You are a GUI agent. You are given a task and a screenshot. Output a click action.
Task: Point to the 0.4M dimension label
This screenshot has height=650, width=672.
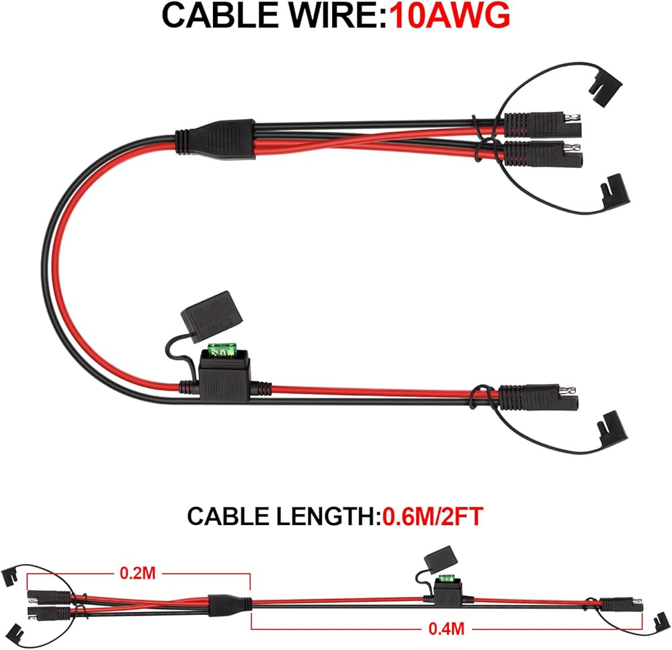click(446, 628)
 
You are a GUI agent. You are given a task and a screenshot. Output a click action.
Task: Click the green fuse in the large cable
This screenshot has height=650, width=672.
click(221, 351)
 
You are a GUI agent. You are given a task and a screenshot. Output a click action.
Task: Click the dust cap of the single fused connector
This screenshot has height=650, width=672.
click(615, 428)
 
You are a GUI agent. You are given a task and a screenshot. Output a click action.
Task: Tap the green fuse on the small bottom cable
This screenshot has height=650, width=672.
click(444, 578)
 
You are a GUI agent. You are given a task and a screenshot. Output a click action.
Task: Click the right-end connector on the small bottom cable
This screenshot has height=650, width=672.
click(626, 602)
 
